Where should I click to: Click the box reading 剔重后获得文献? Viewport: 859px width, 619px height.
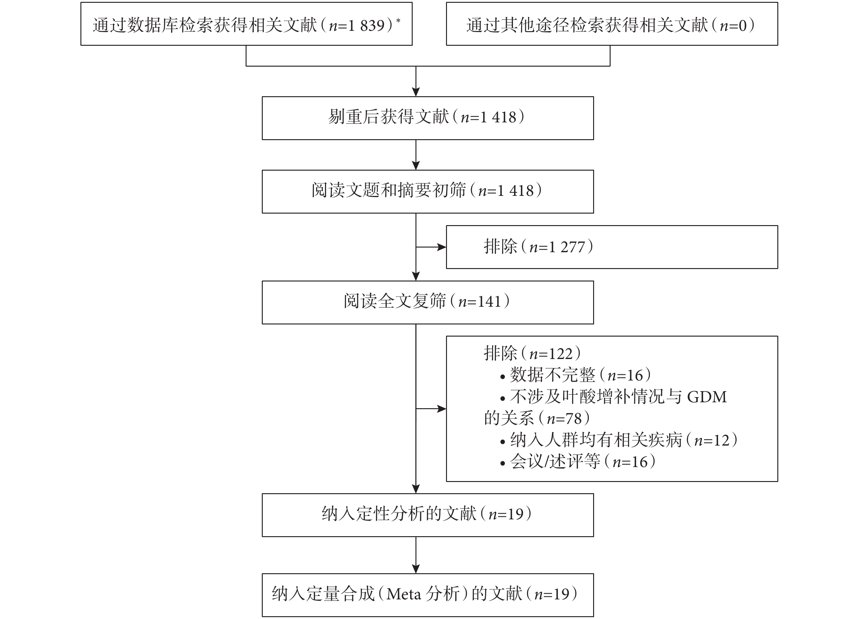tap(428, 118)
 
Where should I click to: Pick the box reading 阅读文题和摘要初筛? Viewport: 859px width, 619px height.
tap(428, 191)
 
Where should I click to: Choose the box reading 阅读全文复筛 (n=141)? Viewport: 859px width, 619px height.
tap(428, 302)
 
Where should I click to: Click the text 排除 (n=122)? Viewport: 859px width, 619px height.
tap(532, 353)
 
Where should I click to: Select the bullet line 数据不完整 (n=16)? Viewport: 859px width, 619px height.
tap(575, 375)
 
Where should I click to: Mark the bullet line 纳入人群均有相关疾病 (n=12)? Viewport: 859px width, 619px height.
tap(618, 440)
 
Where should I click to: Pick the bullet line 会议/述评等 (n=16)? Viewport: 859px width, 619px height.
tap(578, 461)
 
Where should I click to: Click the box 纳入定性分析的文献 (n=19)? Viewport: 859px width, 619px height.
tap(428, 515)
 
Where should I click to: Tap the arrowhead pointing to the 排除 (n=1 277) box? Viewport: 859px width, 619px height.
tap(442, 247)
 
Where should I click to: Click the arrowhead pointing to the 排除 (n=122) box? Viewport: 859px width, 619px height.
tap(442, 409)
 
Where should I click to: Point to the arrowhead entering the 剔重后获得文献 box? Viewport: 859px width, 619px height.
tap(416, 92)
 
